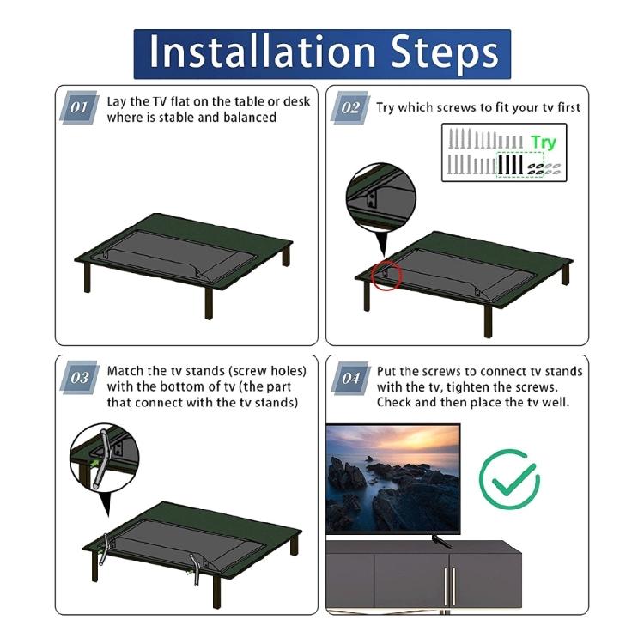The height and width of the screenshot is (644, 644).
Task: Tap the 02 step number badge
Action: (x=350, y=109)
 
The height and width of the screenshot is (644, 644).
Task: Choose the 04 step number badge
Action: (x=350, y=378)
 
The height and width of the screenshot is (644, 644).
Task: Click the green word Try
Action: (x=543, y=143)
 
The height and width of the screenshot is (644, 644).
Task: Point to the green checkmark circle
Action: (x=509, y=477)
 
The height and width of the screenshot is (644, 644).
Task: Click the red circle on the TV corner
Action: (x=387, y=275)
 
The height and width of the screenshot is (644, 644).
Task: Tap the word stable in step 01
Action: (x=175, y=117)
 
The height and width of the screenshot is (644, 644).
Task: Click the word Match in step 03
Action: (x=125, y=371)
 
